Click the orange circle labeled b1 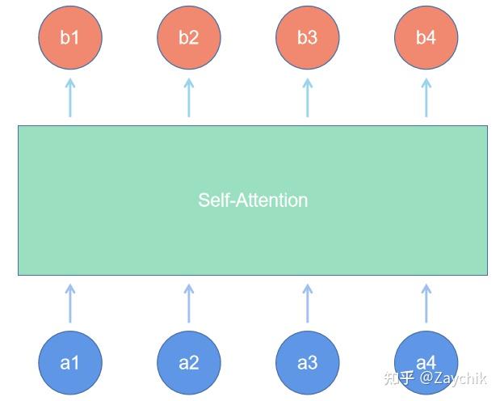70,38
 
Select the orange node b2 188,38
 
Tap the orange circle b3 307,38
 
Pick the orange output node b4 426,38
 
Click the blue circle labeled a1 70,362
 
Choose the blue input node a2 188,362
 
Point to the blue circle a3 307,362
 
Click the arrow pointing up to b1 70,97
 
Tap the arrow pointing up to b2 189,97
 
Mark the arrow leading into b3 307,97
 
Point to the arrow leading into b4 426,97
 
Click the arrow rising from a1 70,303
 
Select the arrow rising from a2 189,303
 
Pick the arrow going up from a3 307,303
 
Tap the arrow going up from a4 426,303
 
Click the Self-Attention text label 253,200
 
